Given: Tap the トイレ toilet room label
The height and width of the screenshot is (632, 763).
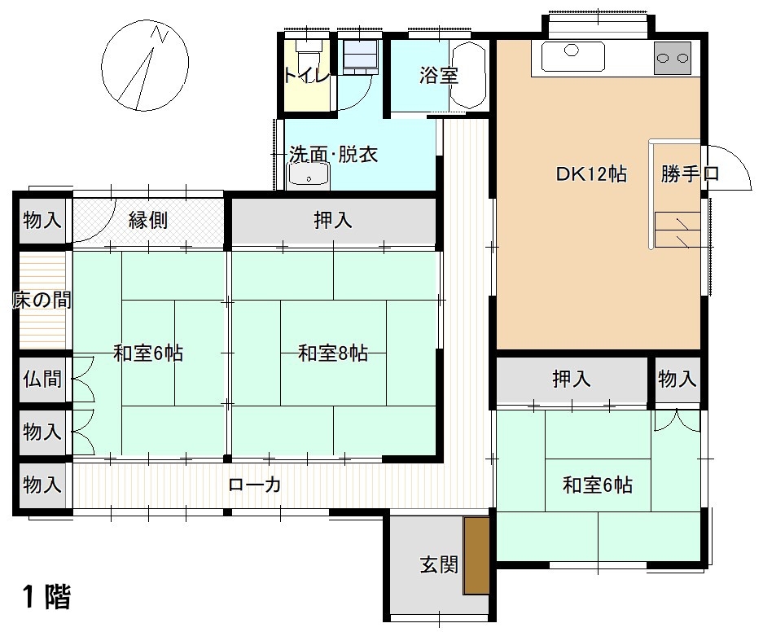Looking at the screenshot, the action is (307, 76).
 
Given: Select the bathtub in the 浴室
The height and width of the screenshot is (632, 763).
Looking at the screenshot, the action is (468, 76).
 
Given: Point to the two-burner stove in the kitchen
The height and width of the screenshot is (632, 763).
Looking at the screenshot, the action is (673, 58).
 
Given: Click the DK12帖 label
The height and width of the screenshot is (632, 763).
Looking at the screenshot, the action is (591, 173).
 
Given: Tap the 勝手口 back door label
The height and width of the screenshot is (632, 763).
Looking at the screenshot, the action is (690, 173).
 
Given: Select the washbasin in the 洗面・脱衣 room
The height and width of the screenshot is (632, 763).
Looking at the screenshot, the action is (309, 176).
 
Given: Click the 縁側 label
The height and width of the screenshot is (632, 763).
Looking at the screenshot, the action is (148, 220).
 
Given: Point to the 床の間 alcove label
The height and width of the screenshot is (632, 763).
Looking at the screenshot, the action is (42, 300).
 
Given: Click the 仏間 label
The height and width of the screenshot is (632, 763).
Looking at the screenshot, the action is (42, 379).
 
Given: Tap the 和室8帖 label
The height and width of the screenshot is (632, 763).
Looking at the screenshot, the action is (333, 353).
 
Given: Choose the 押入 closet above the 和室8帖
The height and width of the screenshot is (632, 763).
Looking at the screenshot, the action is (333, 221).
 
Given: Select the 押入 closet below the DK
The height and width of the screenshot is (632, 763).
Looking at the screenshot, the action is (572, 379).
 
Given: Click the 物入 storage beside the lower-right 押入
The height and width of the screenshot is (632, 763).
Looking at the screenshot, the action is (677, 379).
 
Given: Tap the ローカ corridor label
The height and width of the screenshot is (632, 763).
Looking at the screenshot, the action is (255, 485).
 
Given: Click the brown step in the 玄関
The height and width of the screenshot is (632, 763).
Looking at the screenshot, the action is (476, 555).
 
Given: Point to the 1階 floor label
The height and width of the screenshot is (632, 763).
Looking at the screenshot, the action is (46, 596).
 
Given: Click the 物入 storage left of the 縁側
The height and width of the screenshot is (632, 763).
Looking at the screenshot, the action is (42, 220).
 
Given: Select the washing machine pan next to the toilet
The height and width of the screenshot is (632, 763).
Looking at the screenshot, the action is (361, 56).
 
